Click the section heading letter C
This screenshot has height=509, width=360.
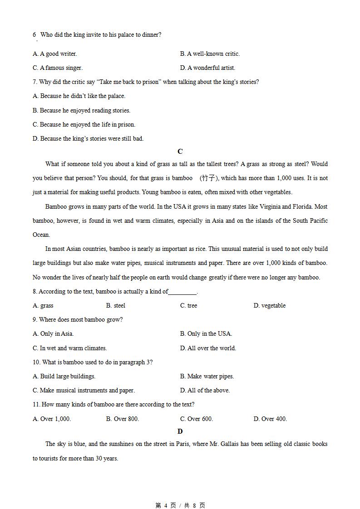(x=180, y=152)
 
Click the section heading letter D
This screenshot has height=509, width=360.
(x=180, y=431)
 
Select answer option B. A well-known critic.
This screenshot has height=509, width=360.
(x=210, y=54)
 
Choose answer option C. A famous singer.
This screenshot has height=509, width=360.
(x=58, y=68)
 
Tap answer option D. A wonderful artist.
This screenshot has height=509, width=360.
(x=207, y=68)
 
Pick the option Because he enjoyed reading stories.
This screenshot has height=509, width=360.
(x=81, y=110)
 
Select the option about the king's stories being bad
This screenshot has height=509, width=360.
(x=88, y=138)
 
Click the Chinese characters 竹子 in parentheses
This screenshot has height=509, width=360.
(x=208, y=178)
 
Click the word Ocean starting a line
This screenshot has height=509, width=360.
(x=41, y=235)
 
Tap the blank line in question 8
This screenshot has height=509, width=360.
(x=182, y=292)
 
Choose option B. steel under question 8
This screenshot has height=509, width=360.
(x=116, y=305)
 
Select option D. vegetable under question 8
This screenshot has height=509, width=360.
(x=270, y=305)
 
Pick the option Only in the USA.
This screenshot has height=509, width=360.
(x=206, y=333)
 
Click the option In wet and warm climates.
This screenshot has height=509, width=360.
(x=69, y=348)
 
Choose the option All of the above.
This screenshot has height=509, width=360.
(x=205, y=390)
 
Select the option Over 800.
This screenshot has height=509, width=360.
(x=123, y=419)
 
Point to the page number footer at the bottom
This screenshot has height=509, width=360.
(x=180, y=505)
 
